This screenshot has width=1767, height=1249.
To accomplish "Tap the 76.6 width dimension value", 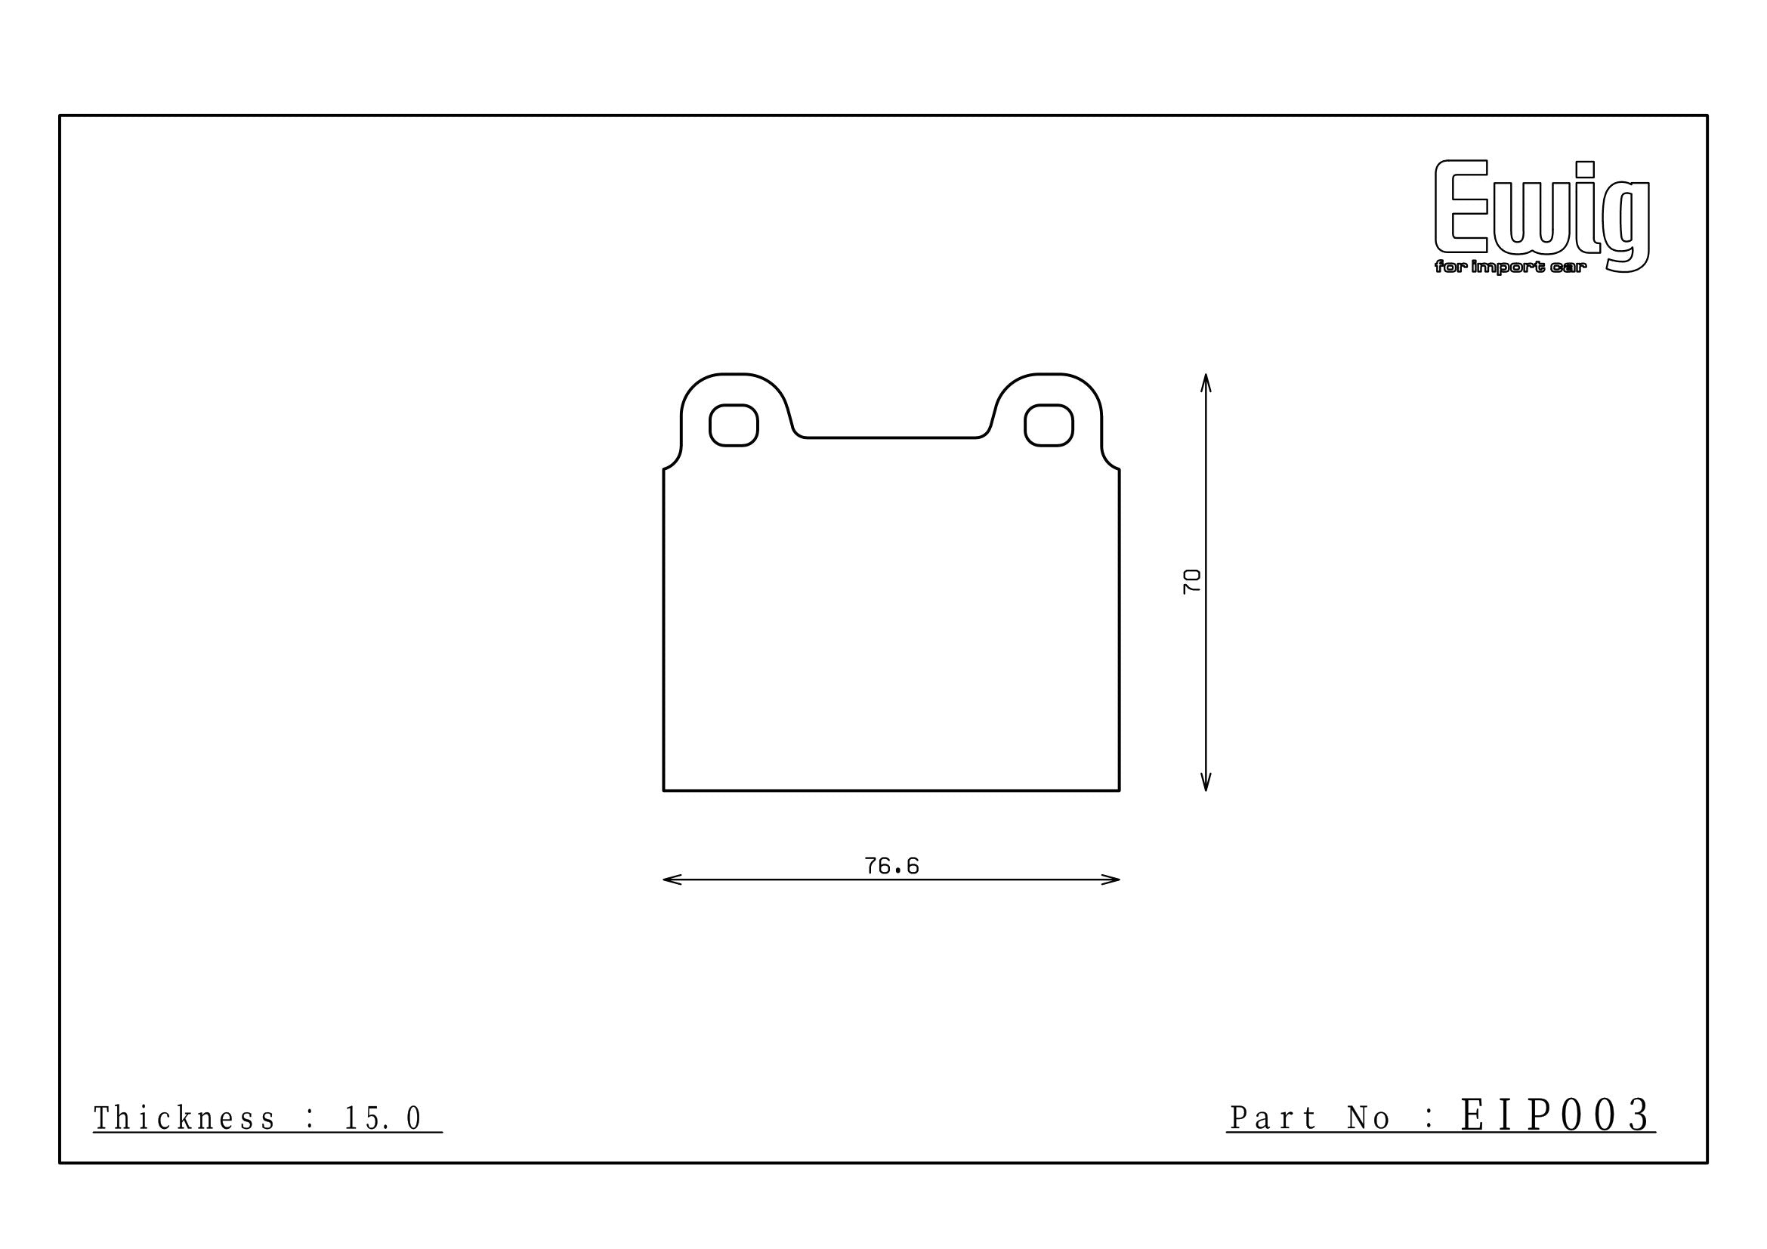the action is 891,867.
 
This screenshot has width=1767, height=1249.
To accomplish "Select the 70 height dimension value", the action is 1191,581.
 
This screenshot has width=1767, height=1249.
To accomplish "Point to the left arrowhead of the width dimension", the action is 672,880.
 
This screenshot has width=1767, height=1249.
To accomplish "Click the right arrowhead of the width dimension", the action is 1111,880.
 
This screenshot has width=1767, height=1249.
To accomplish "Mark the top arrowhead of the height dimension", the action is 1206,383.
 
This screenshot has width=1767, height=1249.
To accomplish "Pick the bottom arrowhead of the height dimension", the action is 1206,781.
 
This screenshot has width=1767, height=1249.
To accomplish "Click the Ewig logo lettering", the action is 1543,215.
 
